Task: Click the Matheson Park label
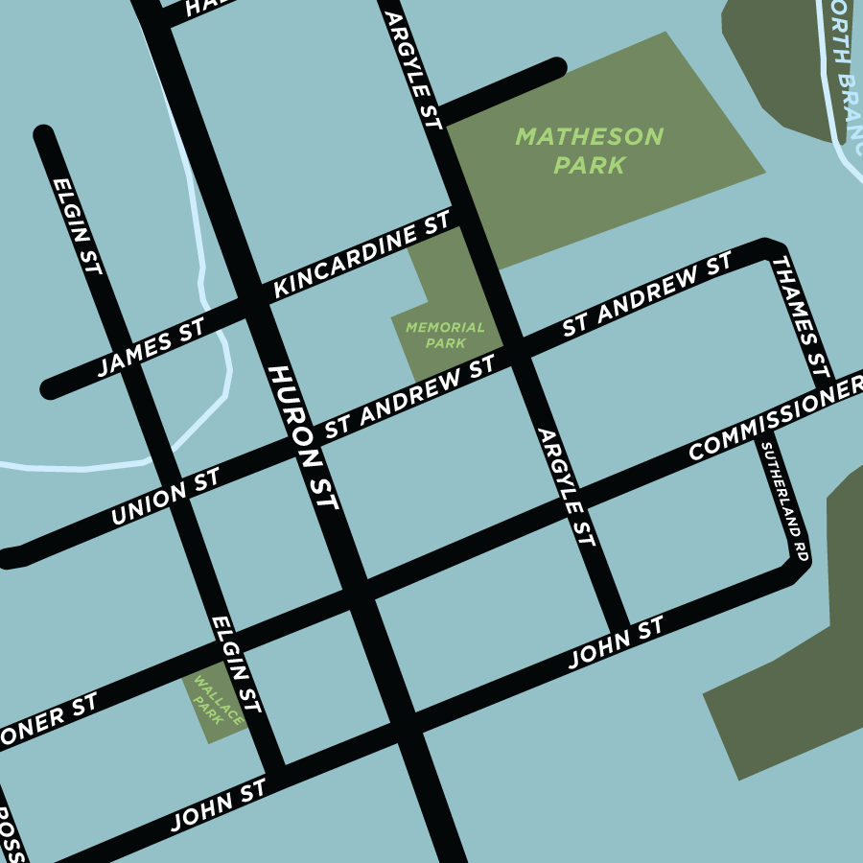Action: pos(589,151)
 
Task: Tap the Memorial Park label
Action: pos(445,335)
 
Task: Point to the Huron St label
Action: pos(304,437)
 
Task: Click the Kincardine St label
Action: pos(362,255)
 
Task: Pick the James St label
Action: pos(151,351)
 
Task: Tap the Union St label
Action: pos(165,497)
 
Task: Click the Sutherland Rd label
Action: pos(783,501)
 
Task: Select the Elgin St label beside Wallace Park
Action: pos(236,665)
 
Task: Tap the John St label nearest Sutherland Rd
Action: pos(616,643)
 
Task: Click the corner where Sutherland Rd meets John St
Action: pos(796,571)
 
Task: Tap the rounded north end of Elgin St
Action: pos(43,135)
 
